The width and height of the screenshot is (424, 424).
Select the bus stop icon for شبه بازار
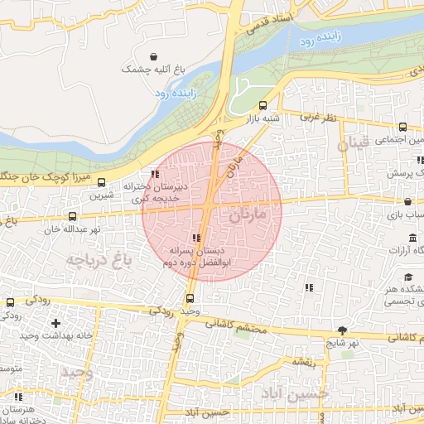pyautogui.click(x=263, y=105)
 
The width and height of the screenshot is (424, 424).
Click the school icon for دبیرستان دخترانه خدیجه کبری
pyautogui.click(x=156, y=174)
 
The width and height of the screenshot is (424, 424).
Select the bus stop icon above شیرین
pyautogui.click(x=102, y=183)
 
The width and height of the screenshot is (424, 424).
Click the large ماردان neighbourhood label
pyautogui.click(x=246, y=217)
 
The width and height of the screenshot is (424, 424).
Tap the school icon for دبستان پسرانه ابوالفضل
pyautogui.click(x=196, y=238)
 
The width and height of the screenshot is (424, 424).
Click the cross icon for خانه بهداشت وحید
pyautogui.click(x=55, y=323)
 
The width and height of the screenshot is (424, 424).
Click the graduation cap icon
pyautogui.click(x=407, y=277)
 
